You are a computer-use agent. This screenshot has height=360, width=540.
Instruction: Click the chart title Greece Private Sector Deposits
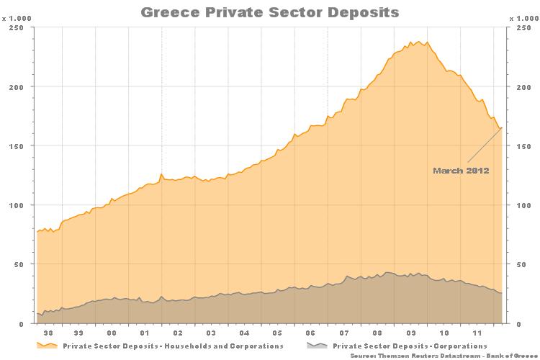269,12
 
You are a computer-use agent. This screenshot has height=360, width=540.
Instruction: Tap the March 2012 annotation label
461,171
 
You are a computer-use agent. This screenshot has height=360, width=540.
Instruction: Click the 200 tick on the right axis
521,87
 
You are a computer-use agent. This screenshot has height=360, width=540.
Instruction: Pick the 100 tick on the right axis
521,205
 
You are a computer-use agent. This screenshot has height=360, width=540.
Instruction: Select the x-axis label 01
145,334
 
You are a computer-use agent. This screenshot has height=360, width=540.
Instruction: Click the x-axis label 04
244,334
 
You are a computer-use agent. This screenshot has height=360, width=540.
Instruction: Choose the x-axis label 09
410,334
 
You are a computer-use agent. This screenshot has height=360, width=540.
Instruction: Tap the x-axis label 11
476,334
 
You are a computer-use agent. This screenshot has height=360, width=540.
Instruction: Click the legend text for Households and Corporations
173,346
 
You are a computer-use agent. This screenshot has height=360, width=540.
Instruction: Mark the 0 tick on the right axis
516,324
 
